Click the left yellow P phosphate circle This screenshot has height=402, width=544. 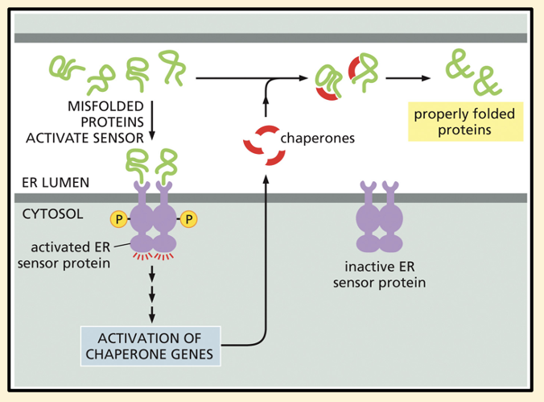(x=117, y=218)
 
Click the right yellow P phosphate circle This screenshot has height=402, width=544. (x=190, y=218)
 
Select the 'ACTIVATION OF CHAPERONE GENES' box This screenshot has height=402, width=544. (x=151, y=345)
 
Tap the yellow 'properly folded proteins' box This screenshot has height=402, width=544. (x=465, y=121)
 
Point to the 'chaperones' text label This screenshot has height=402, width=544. (x=317, y=138)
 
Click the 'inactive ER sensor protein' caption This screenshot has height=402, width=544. (x=381, y=275)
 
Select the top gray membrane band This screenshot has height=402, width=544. (x=271, y=38)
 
